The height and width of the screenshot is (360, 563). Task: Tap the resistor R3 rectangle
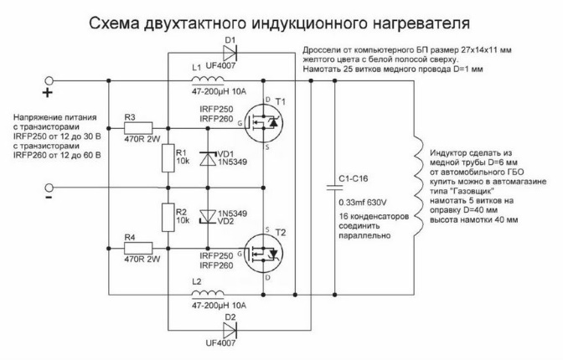tap(139, 128)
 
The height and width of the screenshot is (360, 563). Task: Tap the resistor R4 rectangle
tap(139, 249)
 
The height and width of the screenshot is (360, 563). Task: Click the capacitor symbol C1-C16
tap(335, 188)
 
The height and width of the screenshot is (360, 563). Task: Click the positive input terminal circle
tap(49, 82)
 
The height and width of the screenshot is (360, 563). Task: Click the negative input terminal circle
tap(49, 188)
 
